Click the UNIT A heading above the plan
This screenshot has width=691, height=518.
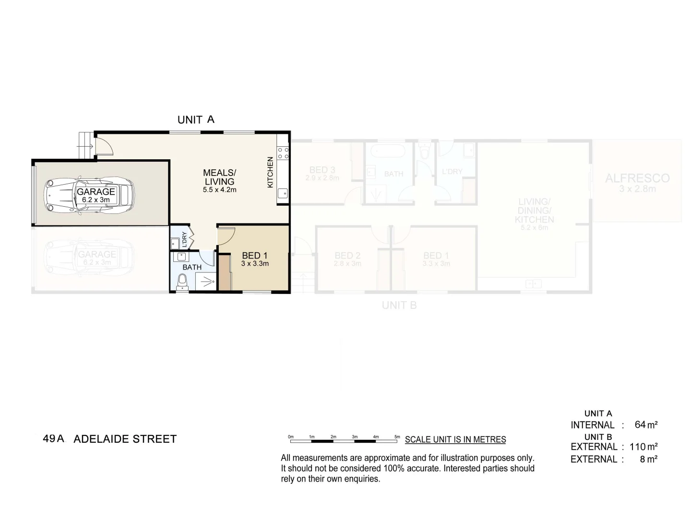[x=196, y=119]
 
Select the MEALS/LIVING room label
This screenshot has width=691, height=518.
[x=219, y=177]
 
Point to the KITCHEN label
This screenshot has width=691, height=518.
[x=270, y=172]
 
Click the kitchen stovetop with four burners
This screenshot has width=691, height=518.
[x=283, y=153]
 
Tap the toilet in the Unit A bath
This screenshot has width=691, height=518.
[x=183, y=282]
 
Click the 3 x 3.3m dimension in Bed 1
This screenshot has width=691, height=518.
[x=255, y=264]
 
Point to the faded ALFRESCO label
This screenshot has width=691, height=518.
[x=637, y=178]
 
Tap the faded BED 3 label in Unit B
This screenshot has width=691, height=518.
[x=322, y=170]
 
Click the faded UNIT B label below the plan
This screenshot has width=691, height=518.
[x=399, y=305]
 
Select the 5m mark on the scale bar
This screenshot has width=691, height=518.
[x=397, y=437]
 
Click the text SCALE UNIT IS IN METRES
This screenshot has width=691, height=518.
[x=455, y=439]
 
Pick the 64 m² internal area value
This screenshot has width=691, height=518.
[x=646, y=424]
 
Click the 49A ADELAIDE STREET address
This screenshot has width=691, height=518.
[x=109, y=439]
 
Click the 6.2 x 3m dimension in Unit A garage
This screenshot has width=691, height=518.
[x=96, y=200]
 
